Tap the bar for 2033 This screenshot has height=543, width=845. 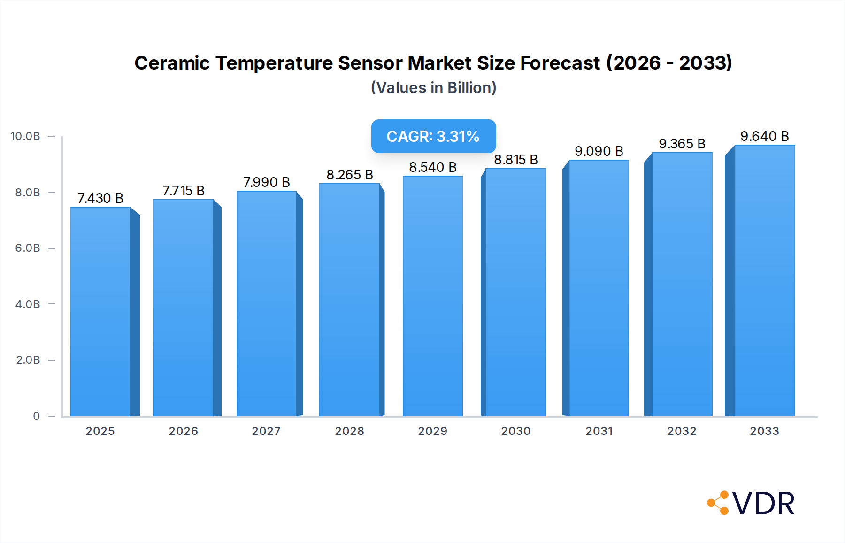(x=765, y=280)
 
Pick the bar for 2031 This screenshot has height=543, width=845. (x=599, y=288)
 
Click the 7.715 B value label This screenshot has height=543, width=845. (x=184, y=191)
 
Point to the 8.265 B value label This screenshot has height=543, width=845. (x=350, y=175)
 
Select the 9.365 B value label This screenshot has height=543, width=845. (x=682, y=144)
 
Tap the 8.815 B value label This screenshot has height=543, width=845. (x=515, y=160)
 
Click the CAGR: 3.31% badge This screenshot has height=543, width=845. (x=433, y=136)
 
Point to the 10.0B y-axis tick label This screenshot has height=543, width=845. (x=25, y=136)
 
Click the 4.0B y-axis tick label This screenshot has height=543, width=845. (x=28, y=304)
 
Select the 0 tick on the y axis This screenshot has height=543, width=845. (x=36, y=416)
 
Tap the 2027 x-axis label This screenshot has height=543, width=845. (x=266, y=431)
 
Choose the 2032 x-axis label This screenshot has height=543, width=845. (x=682, y=431)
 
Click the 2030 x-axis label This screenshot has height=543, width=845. (x=515, y=431)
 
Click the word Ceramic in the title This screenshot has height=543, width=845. (x=172, y=63)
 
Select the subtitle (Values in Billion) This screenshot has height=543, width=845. (x=433, y=88)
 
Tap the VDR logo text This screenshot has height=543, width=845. (x=763, y=504)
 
